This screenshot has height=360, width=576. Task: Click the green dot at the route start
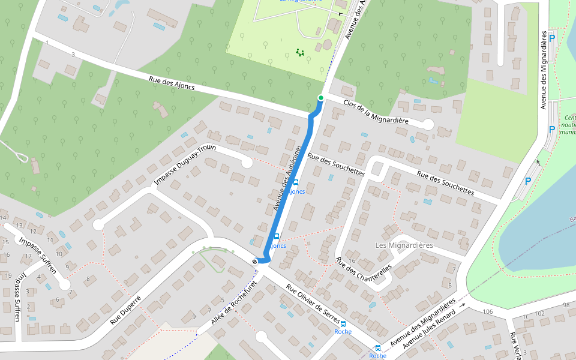(321, 98)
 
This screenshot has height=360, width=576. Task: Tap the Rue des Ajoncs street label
(172, 83)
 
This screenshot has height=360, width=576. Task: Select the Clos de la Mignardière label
(376, 112)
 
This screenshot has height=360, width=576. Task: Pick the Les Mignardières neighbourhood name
(404, 245)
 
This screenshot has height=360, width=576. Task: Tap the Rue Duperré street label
(125, 310)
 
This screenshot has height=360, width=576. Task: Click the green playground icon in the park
(300, 53)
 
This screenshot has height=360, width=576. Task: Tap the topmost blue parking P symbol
(552, 38)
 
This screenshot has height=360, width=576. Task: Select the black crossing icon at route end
(256, 261)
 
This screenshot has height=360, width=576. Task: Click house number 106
(487, 312)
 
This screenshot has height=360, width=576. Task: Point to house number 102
(539, 314)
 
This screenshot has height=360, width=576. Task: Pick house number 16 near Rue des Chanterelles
(352, 261)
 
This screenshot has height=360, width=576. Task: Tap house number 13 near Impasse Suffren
(19, 226)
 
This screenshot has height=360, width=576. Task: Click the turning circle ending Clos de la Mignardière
(428, 124)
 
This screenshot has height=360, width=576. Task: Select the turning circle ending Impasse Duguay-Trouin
(246, 163)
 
